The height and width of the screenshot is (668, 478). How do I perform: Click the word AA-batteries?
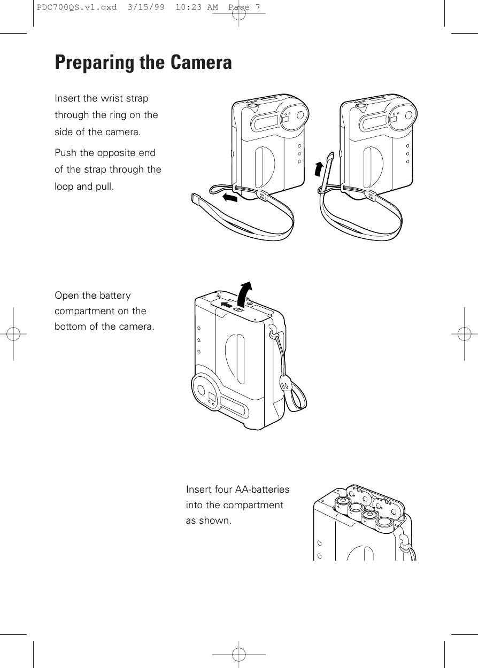click(261, 490)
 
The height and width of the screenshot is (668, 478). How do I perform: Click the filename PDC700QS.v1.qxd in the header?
click(74, 7)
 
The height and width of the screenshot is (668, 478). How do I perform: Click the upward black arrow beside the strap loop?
click(319, 168)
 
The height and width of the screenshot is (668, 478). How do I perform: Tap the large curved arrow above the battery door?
click(245, 292)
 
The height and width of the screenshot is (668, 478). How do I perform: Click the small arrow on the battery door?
click(226, 305)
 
